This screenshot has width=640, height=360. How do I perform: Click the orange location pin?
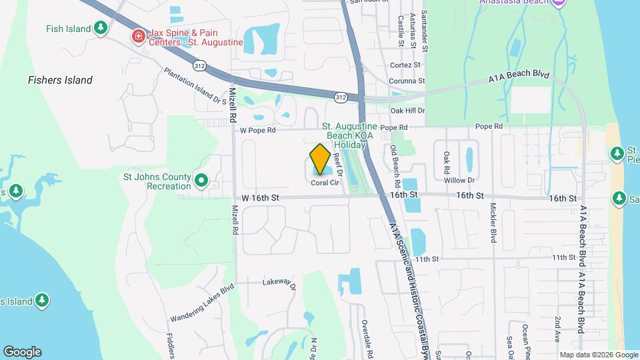pos(320,159)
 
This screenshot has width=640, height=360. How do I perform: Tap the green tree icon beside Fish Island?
pos(100,28)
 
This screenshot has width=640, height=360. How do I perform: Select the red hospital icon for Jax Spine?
pos(139,36)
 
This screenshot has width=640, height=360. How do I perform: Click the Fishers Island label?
pos(60,80)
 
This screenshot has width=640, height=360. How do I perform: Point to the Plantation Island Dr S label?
pos(195,87)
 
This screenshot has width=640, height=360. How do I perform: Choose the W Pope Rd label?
pos(258,131)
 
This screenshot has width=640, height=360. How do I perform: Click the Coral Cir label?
pos(325,183)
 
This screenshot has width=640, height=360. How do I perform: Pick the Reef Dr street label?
pos(337,164)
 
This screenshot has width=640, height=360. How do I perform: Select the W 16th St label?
pos(260,197)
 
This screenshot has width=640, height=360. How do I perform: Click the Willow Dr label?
pos(459,180)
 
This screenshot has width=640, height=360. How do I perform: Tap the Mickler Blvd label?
pos(494,222)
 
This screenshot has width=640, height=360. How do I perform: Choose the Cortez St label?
pos(405,65)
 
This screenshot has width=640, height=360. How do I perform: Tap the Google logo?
pos(22,351)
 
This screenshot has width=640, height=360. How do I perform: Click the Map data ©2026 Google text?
pos(599,355)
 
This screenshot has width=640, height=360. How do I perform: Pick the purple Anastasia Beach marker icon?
pos(559,3)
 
